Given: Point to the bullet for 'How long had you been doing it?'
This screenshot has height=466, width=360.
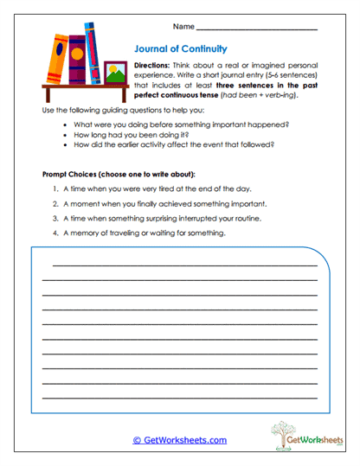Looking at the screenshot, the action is coord(67,135).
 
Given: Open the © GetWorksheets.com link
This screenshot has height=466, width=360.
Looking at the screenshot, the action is coord(180,440).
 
